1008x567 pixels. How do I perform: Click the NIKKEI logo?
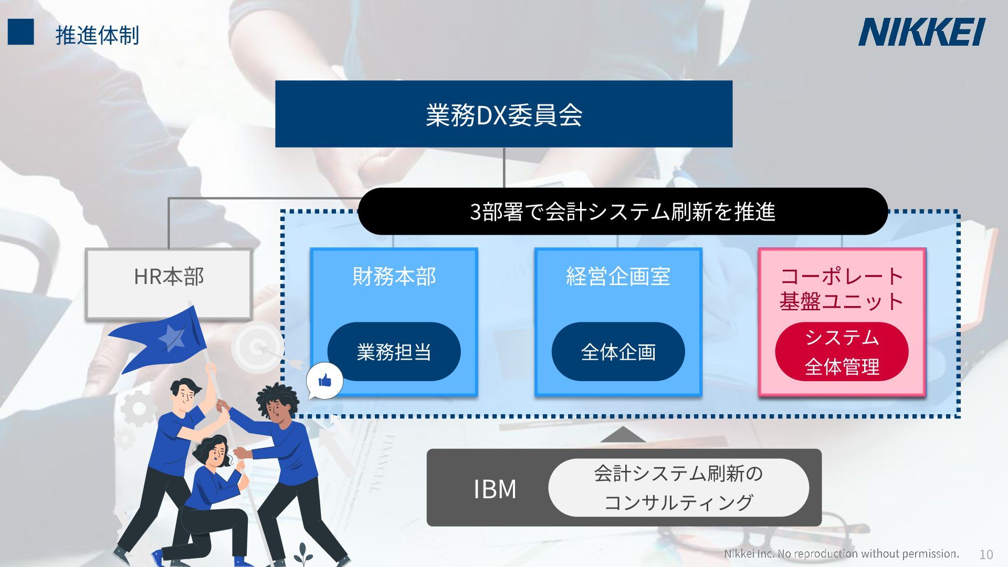click(x=921, y=32)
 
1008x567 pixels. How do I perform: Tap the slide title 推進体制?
click(x=97, y=35)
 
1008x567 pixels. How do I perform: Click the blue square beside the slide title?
click(x=20, y=32)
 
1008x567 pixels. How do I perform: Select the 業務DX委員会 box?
click(x=503, y=114)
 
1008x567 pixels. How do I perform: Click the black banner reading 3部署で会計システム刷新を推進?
click(x=622, y=212)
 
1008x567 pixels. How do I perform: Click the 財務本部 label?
click(x=394, y=277)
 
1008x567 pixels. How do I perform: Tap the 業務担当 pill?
click(x=394, y=352)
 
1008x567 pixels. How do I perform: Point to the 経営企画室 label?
click(x=618, y=277)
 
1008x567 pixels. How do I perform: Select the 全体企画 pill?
click(x=618, y=352)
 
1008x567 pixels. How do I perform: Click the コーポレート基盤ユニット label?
click(x=842, y=289)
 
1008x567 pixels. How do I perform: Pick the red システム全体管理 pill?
click(x=842, y=352)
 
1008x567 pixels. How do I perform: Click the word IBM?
click(x=495, y=489)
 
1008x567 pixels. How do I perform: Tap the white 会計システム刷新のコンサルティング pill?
click(x=678, y=488)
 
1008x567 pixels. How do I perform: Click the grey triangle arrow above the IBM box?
click(x=622, y=435)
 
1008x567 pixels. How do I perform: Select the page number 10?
click(x=986, y=554)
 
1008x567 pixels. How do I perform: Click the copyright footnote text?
click(x=841, y=553)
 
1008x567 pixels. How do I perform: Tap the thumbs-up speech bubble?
click(x=324, y=380)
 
